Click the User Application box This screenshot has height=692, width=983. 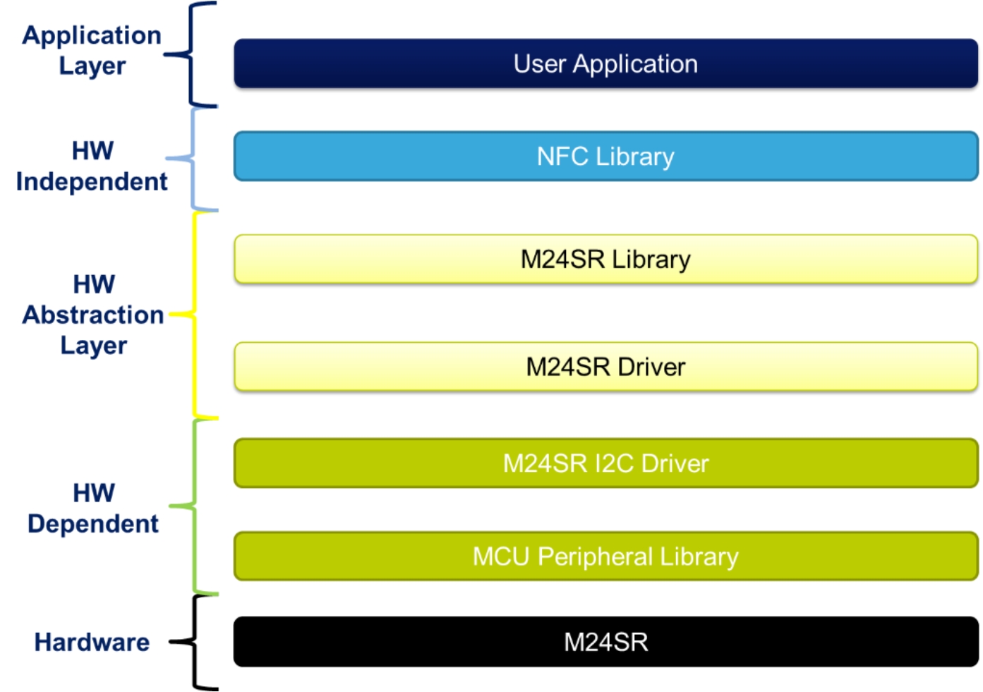click(605, 63)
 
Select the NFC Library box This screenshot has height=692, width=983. click(605, 156)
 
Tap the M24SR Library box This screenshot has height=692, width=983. click(605, 259)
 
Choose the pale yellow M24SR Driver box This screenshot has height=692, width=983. click(605, 366)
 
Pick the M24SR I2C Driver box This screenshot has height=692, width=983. click(605, 463)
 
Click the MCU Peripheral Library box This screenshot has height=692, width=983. click(605, 556)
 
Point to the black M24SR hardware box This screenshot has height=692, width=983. click(605, 641)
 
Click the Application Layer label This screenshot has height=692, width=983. click(92, 50)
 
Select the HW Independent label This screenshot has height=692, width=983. click(92, 166)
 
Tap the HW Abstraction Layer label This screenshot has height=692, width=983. click(93, 315)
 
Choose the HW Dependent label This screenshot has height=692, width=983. click(93, 508)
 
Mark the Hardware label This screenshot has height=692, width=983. click(92, 642)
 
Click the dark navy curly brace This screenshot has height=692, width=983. click(191, 54)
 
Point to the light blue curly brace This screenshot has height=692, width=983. click(193, 158)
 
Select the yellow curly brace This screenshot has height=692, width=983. click(194, 314)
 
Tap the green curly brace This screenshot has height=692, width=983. click(194, 506)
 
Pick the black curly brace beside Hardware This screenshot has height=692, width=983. click(194, 641)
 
